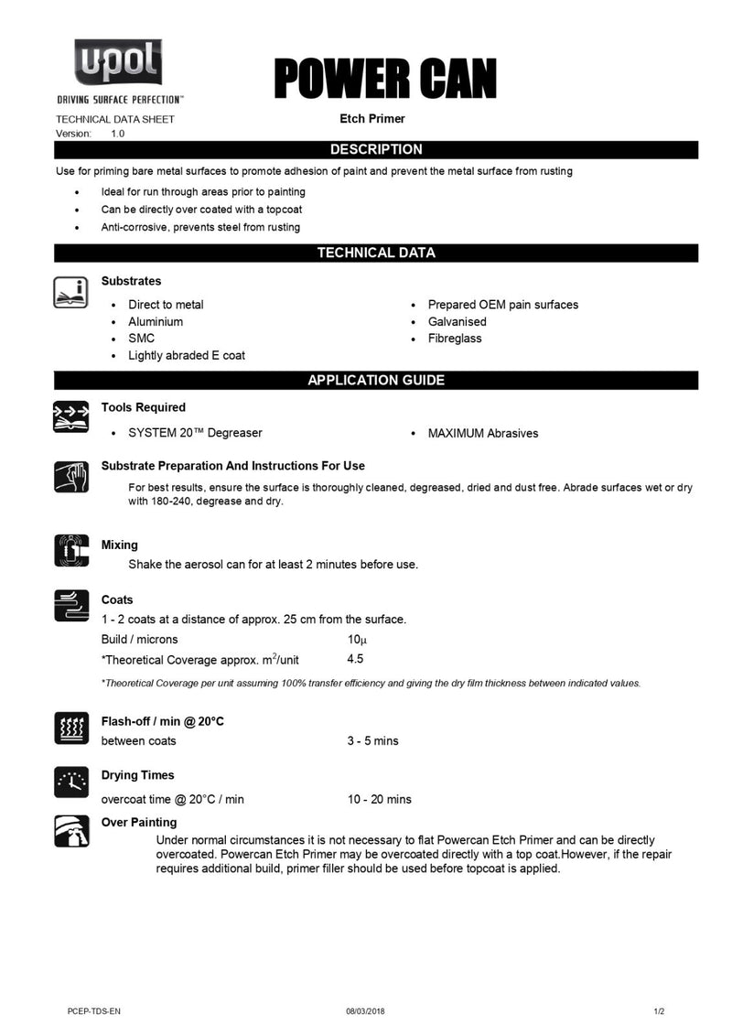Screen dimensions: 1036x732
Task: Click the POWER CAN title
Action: [385, 79]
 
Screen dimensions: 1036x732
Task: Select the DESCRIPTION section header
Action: [376, 149]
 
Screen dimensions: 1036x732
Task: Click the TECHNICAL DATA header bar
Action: [376, 253]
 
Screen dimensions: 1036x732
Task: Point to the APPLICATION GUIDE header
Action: [376, 380]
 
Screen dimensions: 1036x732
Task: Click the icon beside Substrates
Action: [71, 291]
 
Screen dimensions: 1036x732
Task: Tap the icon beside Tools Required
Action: [71, 416]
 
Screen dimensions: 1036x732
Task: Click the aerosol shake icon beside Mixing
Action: [71, 551]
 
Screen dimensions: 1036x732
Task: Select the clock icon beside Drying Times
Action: [71, 782]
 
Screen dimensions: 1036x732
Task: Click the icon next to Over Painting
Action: [71, 831]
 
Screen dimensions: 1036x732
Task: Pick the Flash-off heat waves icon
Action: [71, 728]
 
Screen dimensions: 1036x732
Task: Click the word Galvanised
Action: [457, 321]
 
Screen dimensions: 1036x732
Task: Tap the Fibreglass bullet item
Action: [454, 339]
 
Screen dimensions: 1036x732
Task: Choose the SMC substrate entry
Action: [141, 339]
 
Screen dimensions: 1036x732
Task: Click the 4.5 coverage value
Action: [356, 659]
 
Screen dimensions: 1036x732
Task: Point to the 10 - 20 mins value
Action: [379, 799]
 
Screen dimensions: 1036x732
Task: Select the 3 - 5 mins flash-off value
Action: [372, 740]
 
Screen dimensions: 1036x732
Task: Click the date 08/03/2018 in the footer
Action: [365, 1010]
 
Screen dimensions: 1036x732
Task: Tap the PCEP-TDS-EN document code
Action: [94, 1010]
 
